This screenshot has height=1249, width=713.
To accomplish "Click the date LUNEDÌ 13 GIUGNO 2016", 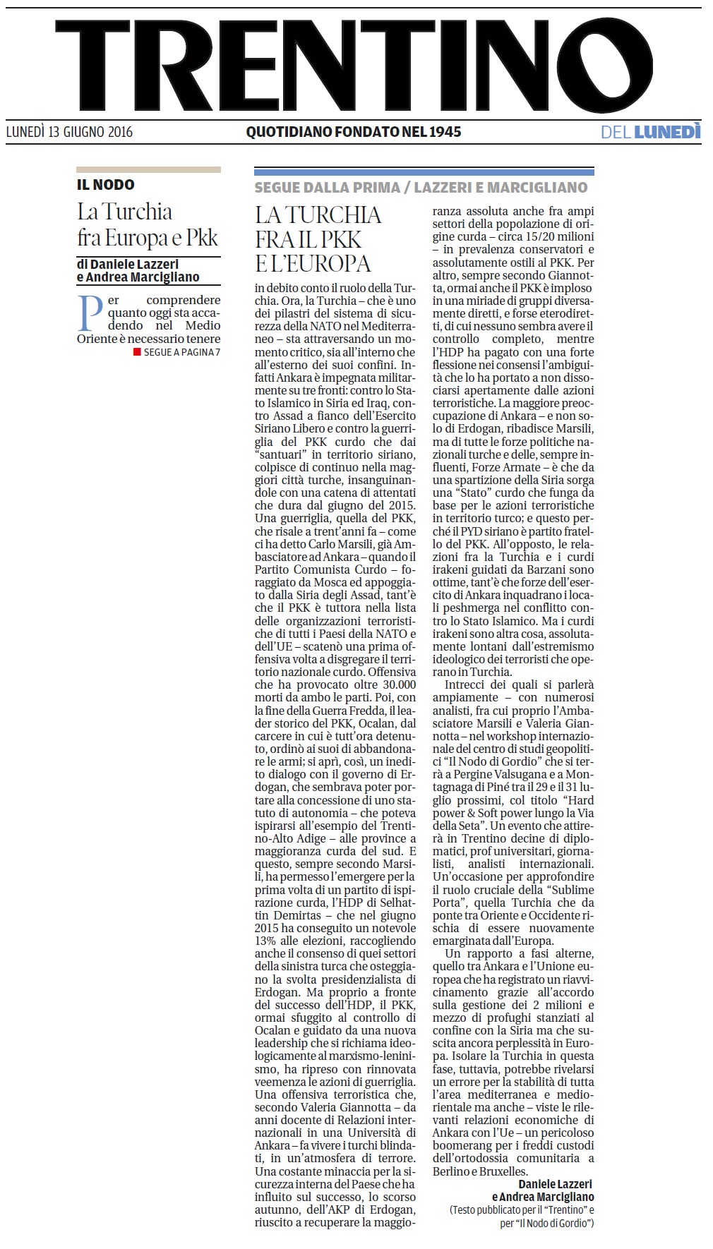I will tap(69, 132).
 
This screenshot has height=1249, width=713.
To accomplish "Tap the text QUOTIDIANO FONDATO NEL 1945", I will tap(353, 132).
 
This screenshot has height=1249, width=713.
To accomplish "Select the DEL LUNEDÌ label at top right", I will tap(650, 132).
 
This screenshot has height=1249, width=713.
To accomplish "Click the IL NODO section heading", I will tap(105, 185).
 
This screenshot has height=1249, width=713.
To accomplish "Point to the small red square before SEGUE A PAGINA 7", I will tap(137, 352).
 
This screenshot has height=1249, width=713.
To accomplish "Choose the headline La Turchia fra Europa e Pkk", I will tap(148, 224).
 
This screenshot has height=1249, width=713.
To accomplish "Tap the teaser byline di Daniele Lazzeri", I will tap(128, 265).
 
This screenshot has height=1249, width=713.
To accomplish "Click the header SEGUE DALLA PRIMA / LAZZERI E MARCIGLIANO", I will tap(421, 188).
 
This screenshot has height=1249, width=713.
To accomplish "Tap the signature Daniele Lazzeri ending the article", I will tap(556, 1184).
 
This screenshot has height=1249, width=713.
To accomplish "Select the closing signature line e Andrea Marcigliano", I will tap(543, 1197).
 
